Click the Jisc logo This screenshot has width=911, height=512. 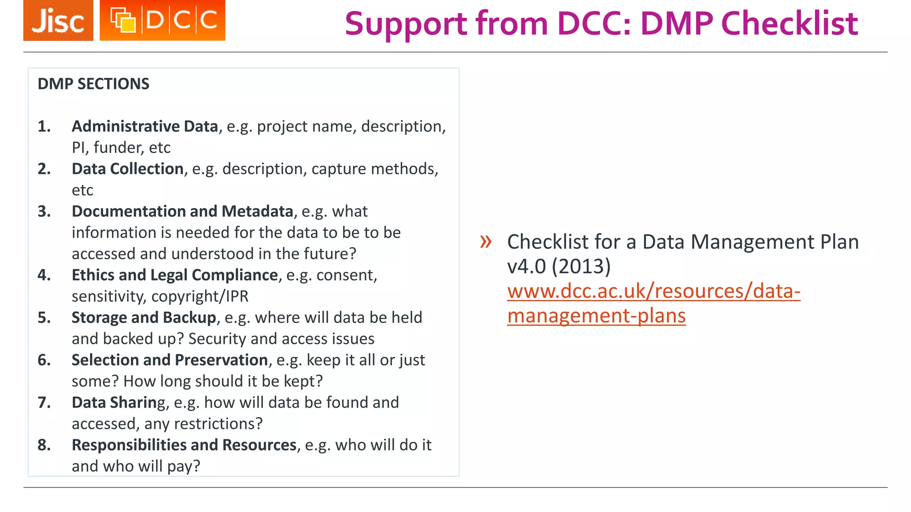pyautogui.click(x=58, y=20)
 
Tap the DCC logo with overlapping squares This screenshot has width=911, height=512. pyautogui.click(x=162, y=20)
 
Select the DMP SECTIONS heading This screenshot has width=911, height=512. pyautogui.click(x=93, y=84)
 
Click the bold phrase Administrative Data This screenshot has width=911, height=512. pyautogui.click(x=145, y=127)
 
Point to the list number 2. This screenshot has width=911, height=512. pyautogui.click(x=44, y=169)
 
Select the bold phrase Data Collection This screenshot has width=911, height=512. pyautogui.click(x=128, y=169)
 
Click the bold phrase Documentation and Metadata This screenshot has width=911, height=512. pyautogui.click(x=182, y=212)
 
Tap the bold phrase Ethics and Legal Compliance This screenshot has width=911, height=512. pyautogui.click(x=175, y=275)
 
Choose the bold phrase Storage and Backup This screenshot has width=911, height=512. pyautogui.click(x=144, y=318)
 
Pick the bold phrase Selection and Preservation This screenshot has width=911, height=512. pyautogui.click(x=170, y=360)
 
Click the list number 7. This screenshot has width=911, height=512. pyautogui.click(x=44, y=403)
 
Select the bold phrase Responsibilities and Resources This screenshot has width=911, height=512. pyautogui.click(x=184, y=445)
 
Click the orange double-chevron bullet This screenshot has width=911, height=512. pyautogui.click(x=486, y=242)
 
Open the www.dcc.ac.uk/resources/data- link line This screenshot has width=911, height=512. pyautogui.click(x=653, y=292)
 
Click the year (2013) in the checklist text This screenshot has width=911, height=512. pyautogui.click(x=581, y=267)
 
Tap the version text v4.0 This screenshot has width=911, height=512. pyautogui.click(x=526, y=267)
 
